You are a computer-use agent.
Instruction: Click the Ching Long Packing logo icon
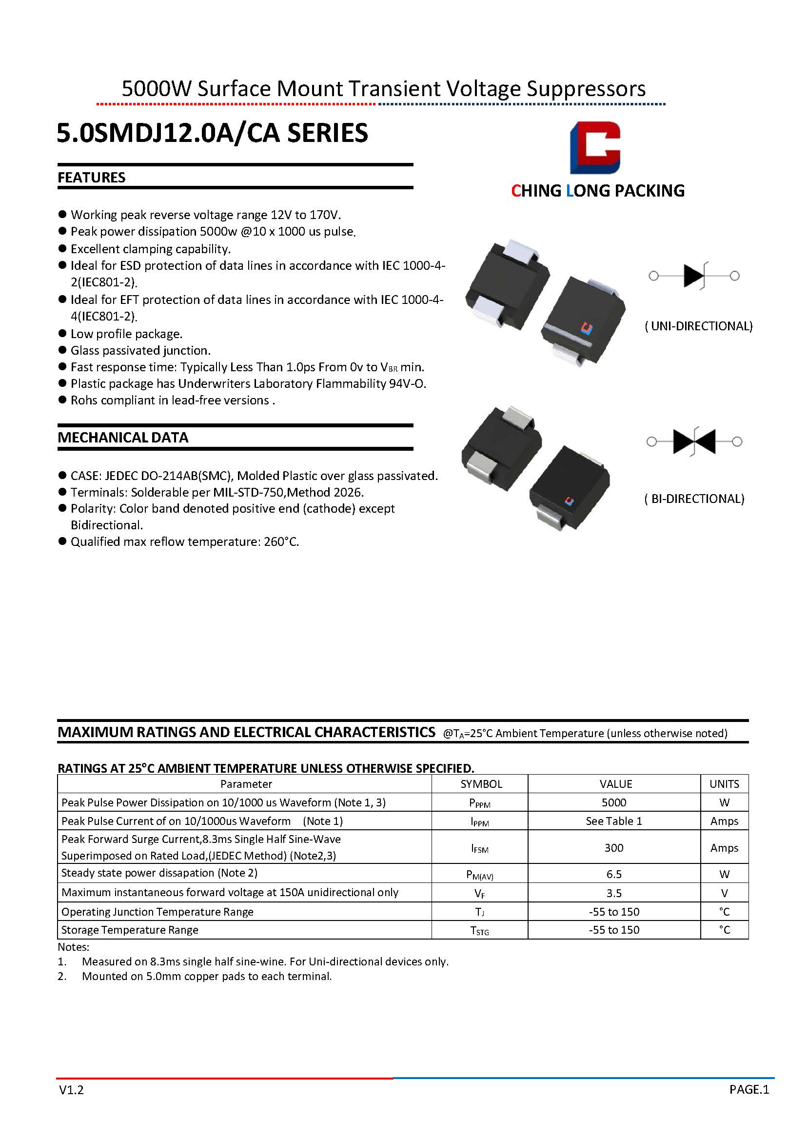pyautogui.click(x=595, y=147)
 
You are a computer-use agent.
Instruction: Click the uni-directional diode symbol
pyautogui.click(x=694, y=276)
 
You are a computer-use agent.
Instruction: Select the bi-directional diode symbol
pyautogui.click(x=694, y=441)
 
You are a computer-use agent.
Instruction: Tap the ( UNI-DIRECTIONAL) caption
pyautogui.click(x=698, y=326)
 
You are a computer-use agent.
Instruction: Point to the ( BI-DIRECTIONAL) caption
pyautogui.click(x=694, y=499)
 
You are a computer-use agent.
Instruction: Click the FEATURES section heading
pyautogui.click(x=92, y=178)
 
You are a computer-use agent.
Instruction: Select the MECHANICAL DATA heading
pyautogui.click(x=123, y=438)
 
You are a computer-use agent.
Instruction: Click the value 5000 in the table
pyautogui.click(x=614, y=802)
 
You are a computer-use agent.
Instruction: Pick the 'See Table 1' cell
pyautogui.click(x=614, y=821)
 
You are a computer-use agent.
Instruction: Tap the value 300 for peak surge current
pyautogui.click(x=614, y=848)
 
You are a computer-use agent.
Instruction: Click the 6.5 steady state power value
pyautogui.click(x=614, y=874)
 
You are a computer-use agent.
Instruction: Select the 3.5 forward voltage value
pyautogui.click(x=614, y=893)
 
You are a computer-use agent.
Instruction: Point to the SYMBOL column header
pyautogui.click(x=481, y=784)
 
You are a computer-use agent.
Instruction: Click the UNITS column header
pyautogui.click(x=724, y=784)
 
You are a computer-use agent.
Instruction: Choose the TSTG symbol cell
pyautogui.click(x=479, y=930)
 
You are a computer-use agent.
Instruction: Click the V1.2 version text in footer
pyautogui.click(x=71, y=1090)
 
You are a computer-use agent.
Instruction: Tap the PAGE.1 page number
pyautogui.click(x=749, y=1090)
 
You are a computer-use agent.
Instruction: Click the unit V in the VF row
pyautogui.click(x=724, y=893)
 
